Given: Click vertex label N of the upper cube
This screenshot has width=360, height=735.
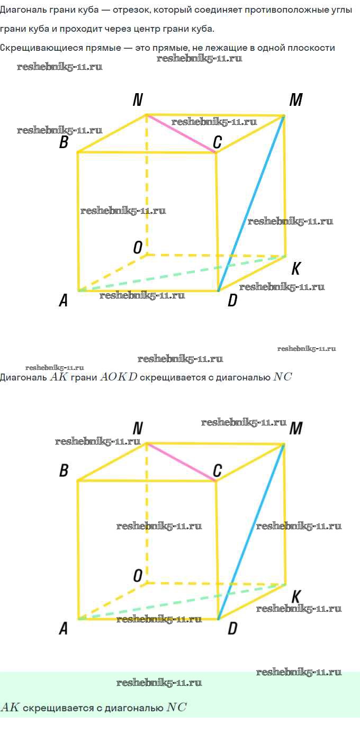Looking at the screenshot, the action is point(138,99).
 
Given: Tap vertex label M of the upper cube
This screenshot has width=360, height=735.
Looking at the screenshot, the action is point(296,99).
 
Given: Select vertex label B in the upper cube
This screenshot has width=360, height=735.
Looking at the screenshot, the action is point(64,142).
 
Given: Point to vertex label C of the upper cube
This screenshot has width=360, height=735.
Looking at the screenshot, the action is point(217,142).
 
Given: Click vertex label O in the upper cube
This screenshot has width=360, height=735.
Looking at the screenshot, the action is point(138,248).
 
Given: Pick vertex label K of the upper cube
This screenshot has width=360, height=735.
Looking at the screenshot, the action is point(296,268).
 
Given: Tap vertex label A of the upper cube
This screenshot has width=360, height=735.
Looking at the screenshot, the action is point(64,300).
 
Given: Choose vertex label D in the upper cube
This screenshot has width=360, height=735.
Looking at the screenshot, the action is point(232,300).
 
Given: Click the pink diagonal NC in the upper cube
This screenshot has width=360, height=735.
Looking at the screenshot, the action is point(181,133).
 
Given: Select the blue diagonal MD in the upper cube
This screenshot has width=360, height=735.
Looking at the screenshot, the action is point(251,203).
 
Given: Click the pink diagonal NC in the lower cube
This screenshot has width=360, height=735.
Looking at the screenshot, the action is point(181,462).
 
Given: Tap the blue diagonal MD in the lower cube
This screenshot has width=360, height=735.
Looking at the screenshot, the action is point(251,532).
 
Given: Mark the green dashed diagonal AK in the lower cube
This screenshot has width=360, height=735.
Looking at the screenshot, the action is point(182,602).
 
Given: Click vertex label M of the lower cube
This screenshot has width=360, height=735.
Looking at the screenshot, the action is point(296,428).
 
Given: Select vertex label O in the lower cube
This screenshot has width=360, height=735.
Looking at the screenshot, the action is point(138,576).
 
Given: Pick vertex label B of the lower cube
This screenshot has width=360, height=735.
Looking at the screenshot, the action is point(64,470).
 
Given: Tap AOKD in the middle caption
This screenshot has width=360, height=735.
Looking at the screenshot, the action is point(119,377).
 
